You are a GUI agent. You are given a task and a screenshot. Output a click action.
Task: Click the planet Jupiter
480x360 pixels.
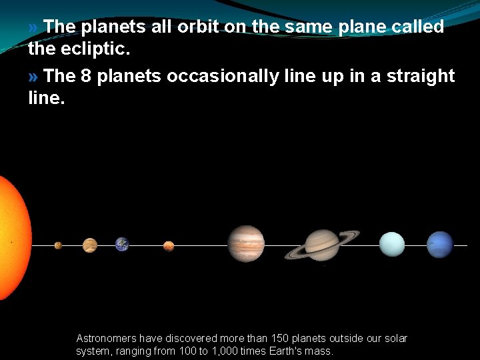tap(246, 243)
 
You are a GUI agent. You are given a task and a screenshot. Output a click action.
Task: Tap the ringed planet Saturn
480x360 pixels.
tap(322, 245)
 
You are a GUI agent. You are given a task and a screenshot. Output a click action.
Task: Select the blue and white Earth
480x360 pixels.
tap(122, 245)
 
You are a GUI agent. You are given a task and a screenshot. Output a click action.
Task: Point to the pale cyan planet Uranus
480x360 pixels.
tap(391, 244)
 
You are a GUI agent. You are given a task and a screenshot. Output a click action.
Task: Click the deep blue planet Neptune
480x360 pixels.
tap(439, 245)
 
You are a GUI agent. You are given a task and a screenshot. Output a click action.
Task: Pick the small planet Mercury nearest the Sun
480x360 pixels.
tap(58, 245)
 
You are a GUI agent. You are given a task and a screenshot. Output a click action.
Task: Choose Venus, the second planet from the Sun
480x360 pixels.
tap(90, 245)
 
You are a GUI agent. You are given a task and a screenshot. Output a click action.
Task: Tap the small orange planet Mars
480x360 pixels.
tap(169, 246)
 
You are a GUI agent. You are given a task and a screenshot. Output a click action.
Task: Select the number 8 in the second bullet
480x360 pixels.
tap(85, 77)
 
